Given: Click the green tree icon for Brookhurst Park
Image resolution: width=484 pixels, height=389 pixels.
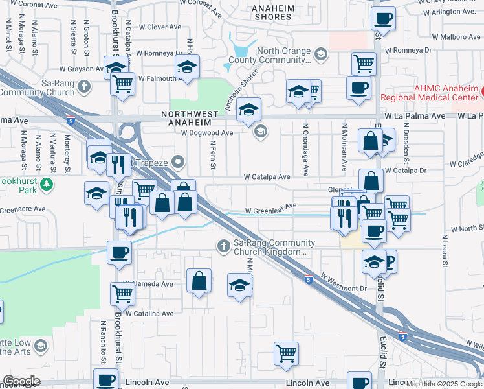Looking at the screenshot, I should coord(47,185).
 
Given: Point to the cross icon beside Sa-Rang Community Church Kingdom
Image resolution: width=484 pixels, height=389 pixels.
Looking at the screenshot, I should coord(223,246).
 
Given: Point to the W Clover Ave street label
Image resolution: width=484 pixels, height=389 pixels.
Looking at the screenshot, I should coord(159,27).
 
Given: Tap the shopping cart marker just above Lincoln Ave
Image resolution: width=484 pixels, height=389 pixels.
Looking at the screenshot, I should coord(286,353).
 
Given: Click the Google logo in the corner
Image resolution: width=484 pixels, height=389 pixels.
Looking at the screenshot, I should coord(21,381).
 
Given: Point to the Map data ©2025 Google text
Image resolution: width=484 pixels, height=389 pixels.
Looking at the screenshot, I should coord(443,384).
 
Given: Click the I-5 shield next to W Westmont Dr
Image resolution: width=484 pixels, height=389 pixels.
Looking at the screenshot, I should coord(309,277).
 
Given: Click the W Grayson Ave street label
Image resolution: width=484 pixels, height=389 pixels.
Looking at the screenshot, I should coord(82,68).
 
